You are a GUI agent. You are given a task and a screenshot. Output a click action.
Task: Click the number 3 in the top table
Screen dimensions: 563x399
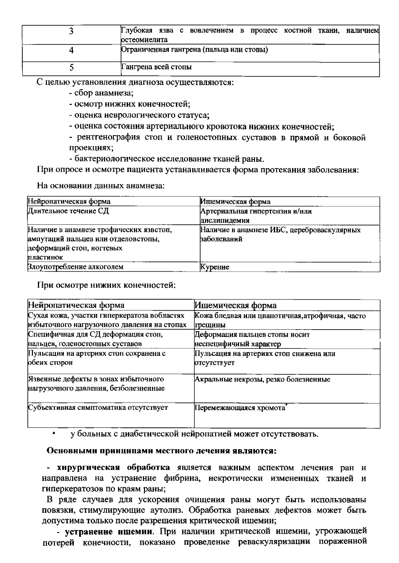(71, 31)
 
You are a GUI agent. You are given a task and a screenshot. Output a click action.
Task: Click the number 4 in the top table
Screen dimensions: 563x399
(71, 50)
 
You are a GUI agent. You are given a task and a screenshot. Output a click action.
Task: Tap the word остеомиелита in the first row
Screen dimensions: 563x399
(144, 40)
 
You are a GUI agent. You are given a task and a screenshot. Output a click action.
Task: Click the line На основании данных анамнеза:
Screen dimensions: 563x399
(101, 185)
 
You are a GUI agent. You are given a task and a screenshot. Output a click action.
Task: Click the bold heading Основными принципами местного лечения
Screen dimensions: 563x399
(161, 451)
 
